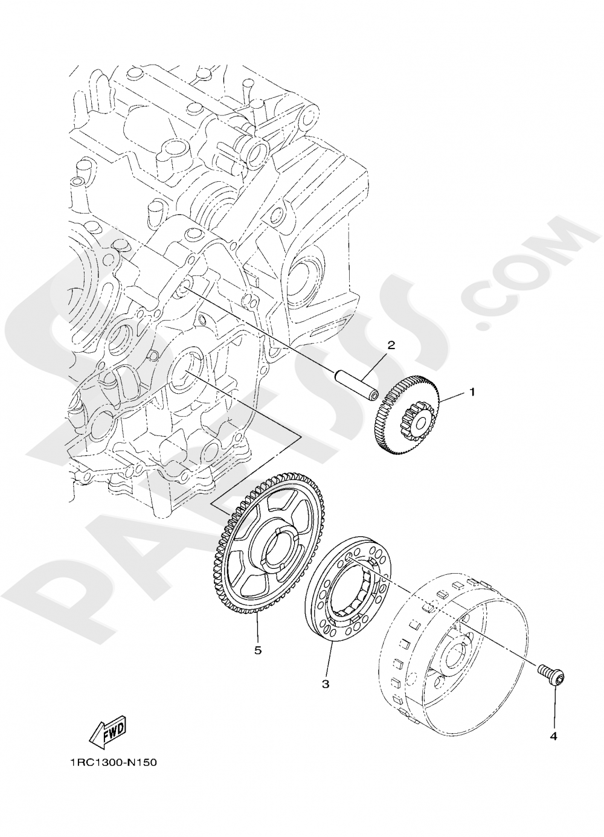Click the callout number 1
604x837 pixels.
[x=472, y=392]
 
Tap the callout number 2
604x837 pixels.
[x=391, y=345]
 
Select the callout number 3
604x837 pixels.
[x=325, y=684]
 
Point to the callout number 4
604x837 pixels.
[x=553, y=736]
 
